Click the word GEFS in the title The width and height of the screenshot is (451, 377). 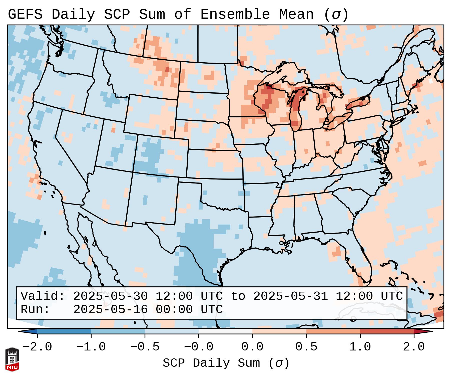click(x=25, y=14)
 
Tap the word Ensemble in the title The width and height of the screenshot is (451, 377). click(x=235, y=14)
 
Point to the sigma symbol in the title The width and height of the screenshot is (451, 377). click(x=336, y=14)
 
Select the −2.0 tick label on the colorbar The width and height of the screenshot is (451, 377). click(x=37, y=347)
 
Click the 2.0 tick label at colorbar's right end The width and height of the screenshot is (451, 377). click(x=414, y=347)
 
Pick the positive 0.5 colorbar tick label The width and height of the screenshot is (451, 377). click(x=306, y=347)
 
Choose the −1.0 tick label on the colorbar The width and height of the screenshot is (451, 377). click(x=91, y=347)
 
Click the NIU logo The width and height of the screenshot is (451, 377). click(x=12, y=359)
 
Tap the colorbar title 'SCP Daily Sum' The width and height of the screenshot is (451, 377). click(x=211, y=363)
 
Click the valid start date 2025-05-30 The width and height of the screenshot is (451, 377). click(x=110, y=296)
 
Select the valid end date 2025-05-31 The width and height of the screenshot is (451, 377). click(x=290, y=296)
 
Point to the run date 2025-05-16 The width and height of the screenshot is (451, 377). click(x=110, y=310)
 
